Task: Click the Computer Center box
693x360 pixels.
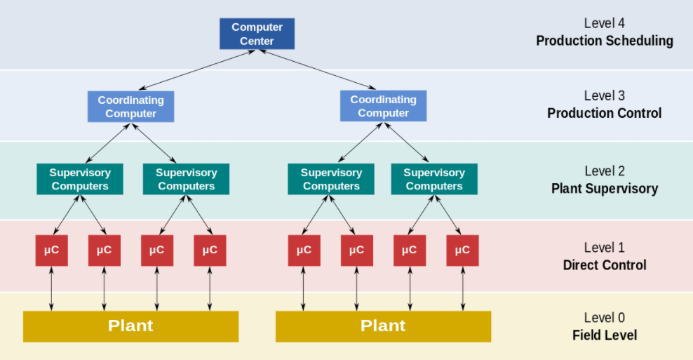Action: click(x=257, y=34)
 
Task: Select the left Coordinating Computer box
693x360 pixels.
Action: click(x=131, y=107)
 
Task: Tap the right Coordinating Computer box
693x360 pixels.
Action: click(x=383, y=106)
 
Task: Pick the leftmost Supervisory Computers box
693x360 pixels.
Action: click(x=80, y=179)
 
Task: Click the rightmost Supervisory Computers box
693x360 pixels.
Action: click(x=434, y=179)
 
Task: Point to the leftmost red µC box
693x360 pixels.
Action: click(x=52, y=251)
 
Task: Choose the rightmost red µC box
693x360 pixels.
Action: click(x=463, y=251)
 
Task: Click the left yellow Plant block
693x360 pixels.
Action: click(x=131, y=326)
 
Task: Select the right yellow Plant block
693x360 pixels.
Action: click(x=383, y=326)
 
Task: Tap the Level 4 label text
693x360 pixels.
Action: click(x=604, y=23)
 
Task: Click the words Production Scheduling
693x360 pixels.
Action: click(x=605, y=41)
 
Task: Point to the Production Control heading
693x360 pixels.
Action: click(x=605, y=113)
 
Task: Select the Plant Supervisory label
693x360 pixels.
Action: click(x=605, y=189)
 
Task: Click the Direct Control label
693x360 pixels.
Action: click(x=605, y=265)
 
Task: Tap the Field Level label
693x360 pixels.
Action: click(x=605, y=335)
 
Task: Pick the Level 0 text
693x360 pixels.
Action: click(x=604, y=317)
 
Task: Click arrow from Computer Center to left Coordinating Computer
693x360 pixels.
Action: click(x=197, y=70)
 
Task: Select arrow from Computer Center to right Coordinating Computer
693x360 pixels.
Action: click(x=317, y=69)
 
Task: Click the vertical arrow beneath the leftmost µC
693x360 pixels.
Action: click(x=52, y=289)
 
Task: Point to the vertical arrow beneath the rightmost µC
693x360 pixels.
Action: click(x=463, y=289)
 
